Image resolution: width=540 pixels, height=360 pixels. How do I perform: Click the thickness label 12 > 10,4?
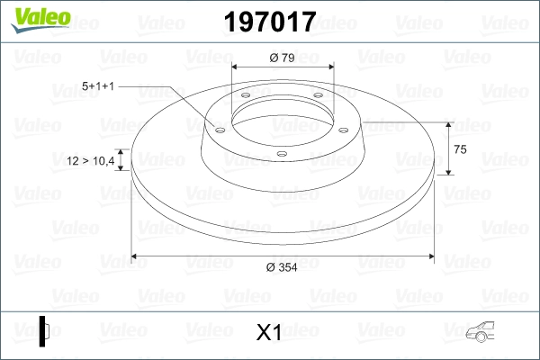[x=91, y=161]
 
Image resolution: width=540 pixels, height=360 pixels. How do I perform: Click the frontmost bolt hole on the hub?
[x=281, y=153]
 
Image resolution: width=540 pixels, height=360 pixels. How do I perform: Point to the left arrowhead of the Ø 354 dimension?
[x=137, y=256]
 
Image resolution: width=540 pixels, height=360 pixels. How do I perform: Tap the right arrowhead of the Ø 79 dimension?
[x=329, y=67]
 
